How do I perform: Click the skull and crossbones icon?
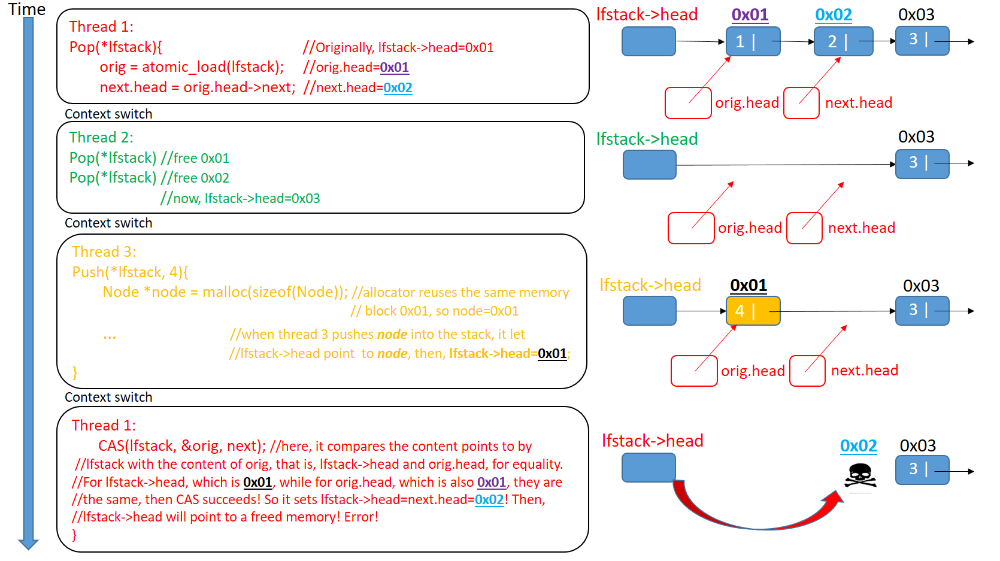click(860, 477)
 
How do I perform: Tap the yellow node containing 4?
click(753, 311)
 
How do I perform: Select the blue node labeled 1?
click(753, 41)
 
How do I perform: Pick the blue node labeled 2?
click(843, 41)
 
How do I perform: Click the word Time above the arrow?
click(27, 10)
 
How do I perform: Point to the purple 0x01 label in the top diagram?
click(750, 14)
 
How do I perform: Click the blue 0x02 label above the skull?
click(858, 445)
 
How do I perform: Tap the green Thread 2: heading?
click(101, 137)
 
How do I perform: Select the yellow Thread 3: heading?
click(104, 251)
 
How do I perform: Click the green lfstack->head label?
click(647, 139)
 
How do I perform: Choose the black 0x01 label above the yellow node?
click(749, 285)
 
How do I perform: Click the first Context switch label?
click(108, 114)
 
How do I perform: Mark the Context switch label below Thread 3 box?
click(108, 397)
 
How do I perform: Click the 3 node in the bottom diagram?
click(922, 469)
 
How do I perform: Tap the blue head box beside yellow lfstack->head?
click(649, 311)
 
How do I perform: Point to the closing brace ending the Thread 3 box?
click(75, 372)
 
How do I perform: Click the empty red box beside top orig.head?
click(688, 103)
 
